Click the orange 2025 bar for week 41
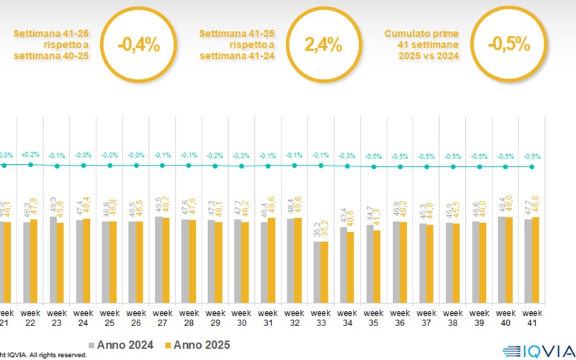click(x=536, y=260)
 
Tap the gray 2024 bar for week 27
click(x=158, y=259)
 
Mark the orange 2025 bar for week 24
click(x=88, y=261)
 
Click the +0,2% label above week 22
click(x=30, y=155)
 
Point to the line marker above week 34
click(x=347, y=166)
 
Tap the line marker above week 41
click(x=531, y=167)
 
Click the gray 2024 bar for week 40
click(x=501, y=259)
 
